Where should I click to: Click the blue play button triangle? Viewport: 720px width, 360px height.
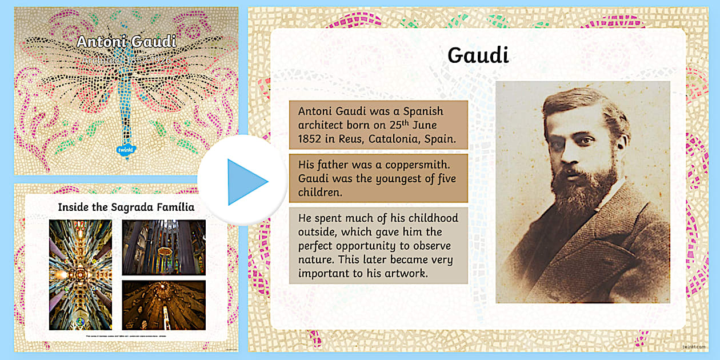(x=246, y=182)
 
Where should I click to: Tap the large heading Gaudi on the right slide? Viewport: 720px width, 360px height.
(x=478, y=55)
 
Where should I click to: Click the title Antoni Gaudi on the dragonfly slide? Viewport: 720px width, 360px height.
(x=126, y=42)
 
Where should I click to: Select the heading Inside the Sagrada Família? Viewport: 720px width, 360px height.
(x=126, y=207)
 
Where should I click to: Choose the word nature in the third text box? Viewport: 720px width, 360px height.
(x=316, y=260)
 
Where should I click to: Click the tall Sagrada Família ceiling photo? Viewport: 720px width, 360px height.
(x=81, y=274)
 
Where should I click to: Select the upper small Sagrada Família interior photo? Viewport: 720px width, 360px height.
(x=163, y=247)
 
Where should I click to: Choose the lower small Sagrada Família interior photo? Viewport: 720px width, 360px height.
(x=163, y=305)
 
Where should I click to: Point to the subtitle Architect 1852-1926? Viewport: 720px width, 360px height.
(x=126, y=59)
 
